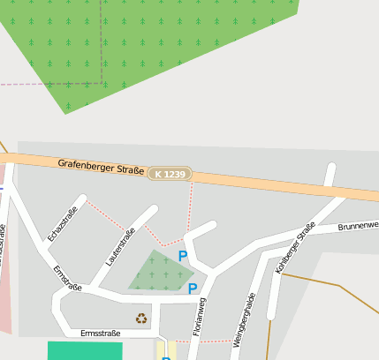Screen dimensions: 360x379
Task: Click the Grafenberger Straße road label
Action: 101,166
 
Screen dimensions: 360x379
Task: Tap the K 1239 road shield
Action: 170,175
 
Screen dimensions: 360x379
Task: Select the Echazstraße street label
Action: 63,222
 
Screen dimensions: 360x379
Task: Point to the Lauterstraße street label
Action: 120,247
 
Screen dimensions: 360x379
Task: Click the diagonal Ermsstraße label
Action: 67,278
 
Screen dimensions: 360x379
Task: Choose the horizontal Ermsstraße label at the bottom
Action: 100,333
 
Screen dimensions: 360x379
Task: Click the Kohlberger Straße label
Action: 295,248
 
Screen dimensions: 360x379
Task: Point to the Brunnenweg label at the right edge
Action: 358,226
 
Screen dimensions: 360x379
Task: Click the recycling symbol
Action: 141,319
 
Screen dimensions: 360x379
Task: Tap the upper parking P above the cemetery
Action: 183,256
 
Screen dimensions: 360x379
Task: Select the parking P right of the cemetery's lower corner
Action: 192,289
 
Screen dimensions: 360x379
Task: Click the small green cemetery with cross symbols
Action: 159,272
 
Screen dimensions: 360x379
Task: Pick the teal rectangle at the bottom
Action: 85,350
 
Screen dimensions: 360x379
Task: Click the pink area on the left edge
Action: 5,282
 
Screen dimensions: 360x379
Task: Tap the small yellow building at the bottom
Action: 166,351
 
